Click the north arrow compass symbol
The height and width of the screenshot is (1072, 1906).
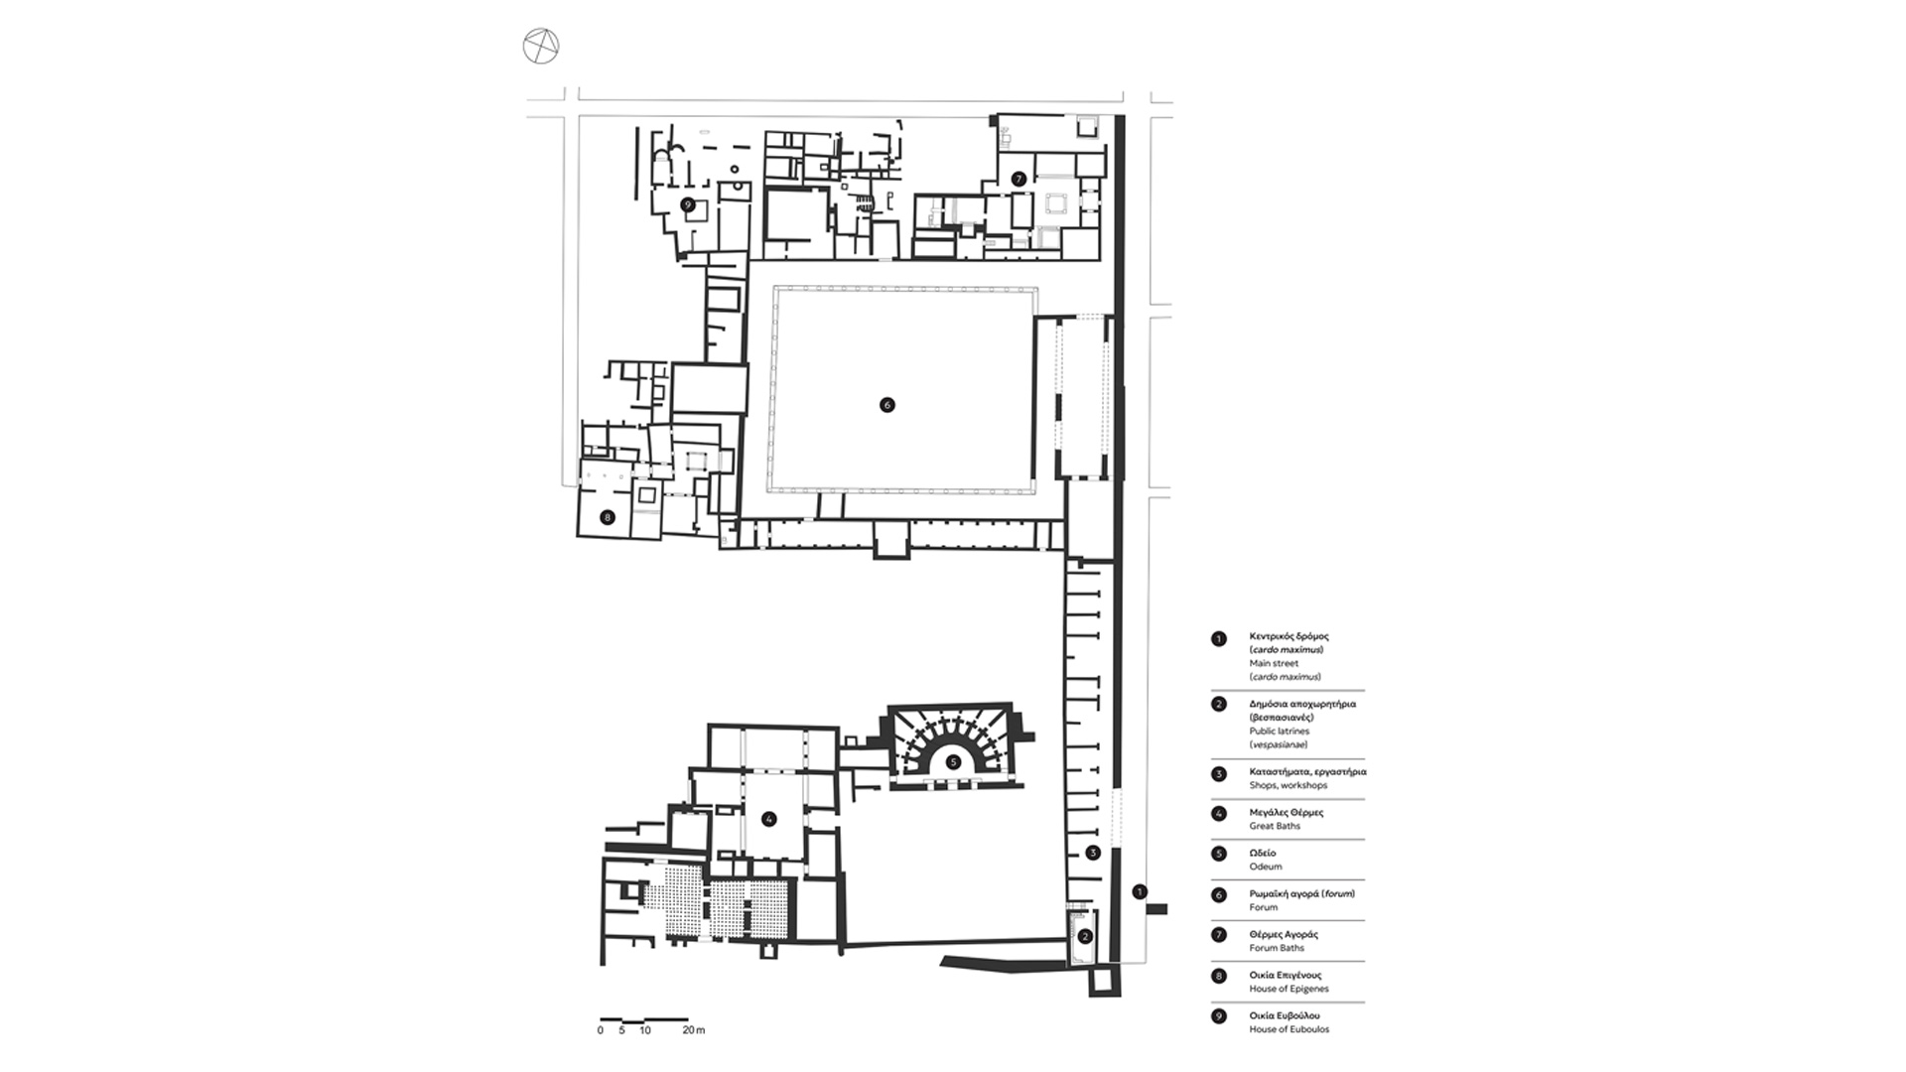(541, 46)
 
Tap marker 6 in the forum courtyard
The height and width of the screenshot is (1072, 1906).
(887, 405)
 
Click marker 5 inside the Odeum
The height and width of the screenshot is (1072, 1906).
(953, 762)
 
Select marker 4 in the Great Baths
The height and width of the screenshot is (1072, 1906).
(768, 819)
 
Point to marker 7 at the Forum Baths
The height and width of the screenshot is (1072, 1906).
(1019, 180)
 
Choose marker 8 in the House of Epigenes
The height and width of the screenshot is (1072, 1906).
(608, 517)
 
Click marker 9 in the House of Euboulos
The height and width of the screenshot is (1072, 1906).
(687, 204)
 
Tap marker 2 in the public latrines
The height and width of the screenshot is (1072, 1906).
(1085, 936)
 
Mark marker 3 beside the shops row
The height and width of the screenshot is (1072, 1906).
(1093, 853)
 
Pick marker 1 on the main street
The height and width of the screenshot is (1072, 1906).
(1140, 891)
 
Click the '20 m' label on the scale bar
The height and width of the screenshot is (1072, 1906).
(693, 1030)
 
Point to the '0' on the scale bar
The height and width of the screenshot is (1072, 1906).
(600, 1030)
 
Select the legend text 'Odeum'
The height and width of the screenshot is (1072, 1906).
(1266, 867)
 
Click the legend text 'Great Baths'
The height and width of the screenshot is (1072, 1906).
(1275, 826)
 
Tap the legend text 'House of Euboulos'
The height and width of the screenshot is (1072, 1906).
(1290, 1029)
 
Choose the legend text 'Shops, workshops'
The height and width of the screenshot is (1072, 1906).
(1289, 785)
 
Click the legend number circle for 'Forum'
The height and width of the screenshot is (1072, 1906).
(1219, 895)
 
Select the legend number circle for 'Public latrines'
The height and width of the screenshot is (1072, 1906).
(1219, 705)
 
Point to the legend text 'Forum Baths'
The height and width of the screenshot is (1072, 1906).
(1277, 948)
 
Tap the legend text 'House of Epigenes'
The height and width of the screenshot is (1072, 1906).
(1289, 989)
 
